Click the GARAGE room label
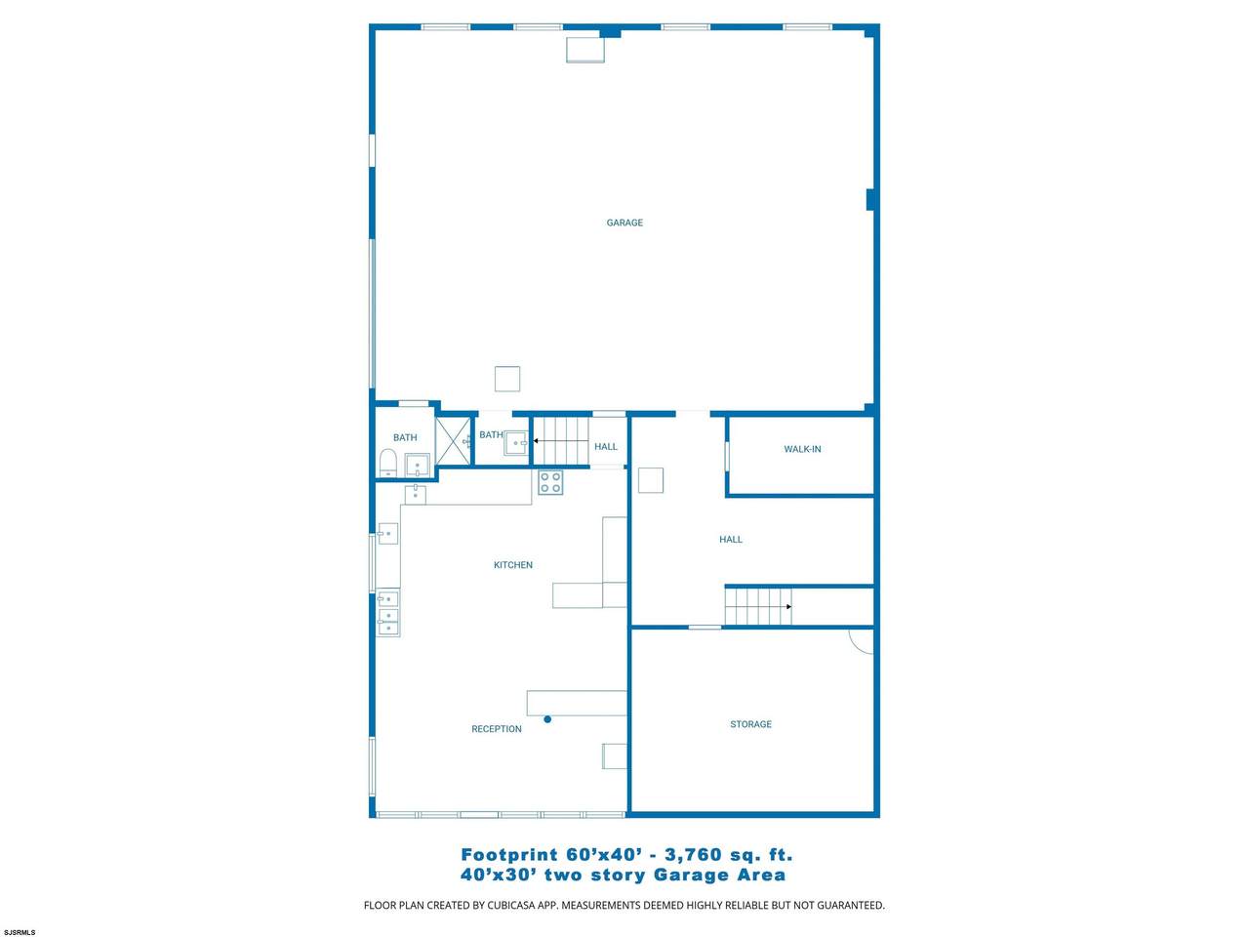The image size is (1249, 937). pyautogui.click(x=624, y=223)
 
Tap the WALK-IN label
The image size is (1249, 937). pyautogui.click(x=802, y=449)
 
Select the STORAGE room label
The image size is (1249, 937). pyautogui.click(x=750, y=723)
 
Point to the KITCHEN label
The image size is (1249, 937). pyautogui.click(x=512, y=564)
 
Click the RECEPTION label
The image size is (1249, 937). pyautogui.click(x=497, y=729)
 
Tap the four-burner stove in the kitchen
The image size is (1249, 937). pyautogui.click(x=550, y=482)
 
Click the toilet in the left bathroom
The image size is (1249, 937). pyautogui.click(x=387, y=463)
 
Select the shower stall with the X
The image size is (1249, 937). pyautogui.click(x=454, y=441)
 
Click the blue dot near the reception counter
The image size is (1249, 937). pyautogui.click(x=547, y=719)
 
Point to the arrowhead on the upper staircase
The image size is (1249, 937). pyautogui.click(x=536, y=441)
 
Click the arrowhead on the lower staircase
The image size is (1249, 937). pyautogui.click(x=788, y=606)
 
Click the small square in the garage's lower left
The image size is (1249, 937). pyautogui.click(x=507, y=379)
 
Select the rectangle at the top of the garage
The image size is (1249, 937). pyautogui.click(x=584, y=50)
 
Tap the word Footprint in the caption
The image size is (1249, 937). pyautogui.click(x=509, y=854)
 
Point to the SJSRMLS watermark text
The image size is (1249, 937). pyautogui.click(x=19, y=932)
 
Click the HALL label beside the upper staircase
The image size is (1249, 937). pyautogui.click(x=605, y=447)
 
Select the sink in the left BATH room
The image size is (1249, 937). pyautogui.click(x=417, y=465)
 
